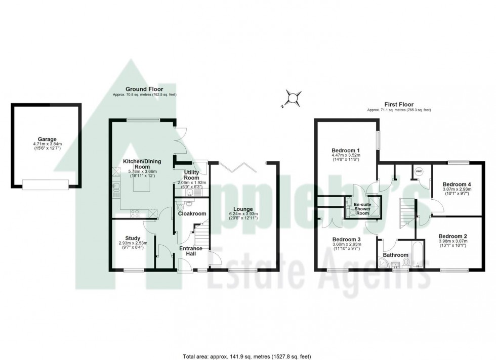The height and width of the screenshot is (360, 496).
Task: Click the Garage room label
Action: click(46, 139)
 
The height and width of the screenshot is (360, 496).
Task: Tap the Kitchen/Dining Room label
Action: click(142, 164)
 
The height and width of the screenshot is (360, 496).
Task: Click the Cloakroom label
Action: click(192, 214)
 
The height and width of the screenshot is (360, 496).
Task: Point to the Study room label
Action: click(132, 238)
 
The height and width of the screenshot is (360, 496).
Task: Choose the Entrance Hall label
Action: click(191, 251)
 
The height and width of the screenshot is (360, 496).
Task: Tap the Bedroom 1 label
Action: click(346, 150)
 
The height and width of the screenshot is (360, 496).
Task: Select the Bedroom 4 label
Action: click(457, 184)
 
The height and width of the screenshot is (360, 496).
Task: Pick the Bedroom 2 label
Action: click(452, 236)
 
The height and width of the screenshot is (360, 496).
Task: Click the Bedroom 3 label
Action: click(346, 239)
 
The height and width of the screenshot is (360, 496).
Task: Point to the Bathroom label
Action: click(395, 255)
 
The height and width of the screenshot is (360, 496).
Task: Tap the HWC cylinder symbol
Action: click(418, 171)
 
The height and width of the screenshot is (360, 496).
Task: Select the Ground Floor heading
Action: click(145, 89)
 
